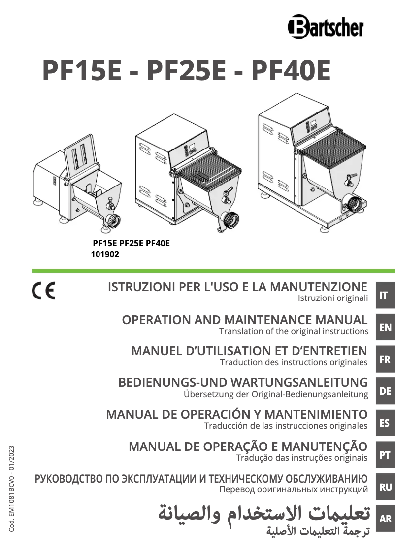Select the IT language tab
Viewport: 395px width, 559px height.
384,296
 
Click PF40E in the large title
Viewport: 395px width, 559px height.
291,71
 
